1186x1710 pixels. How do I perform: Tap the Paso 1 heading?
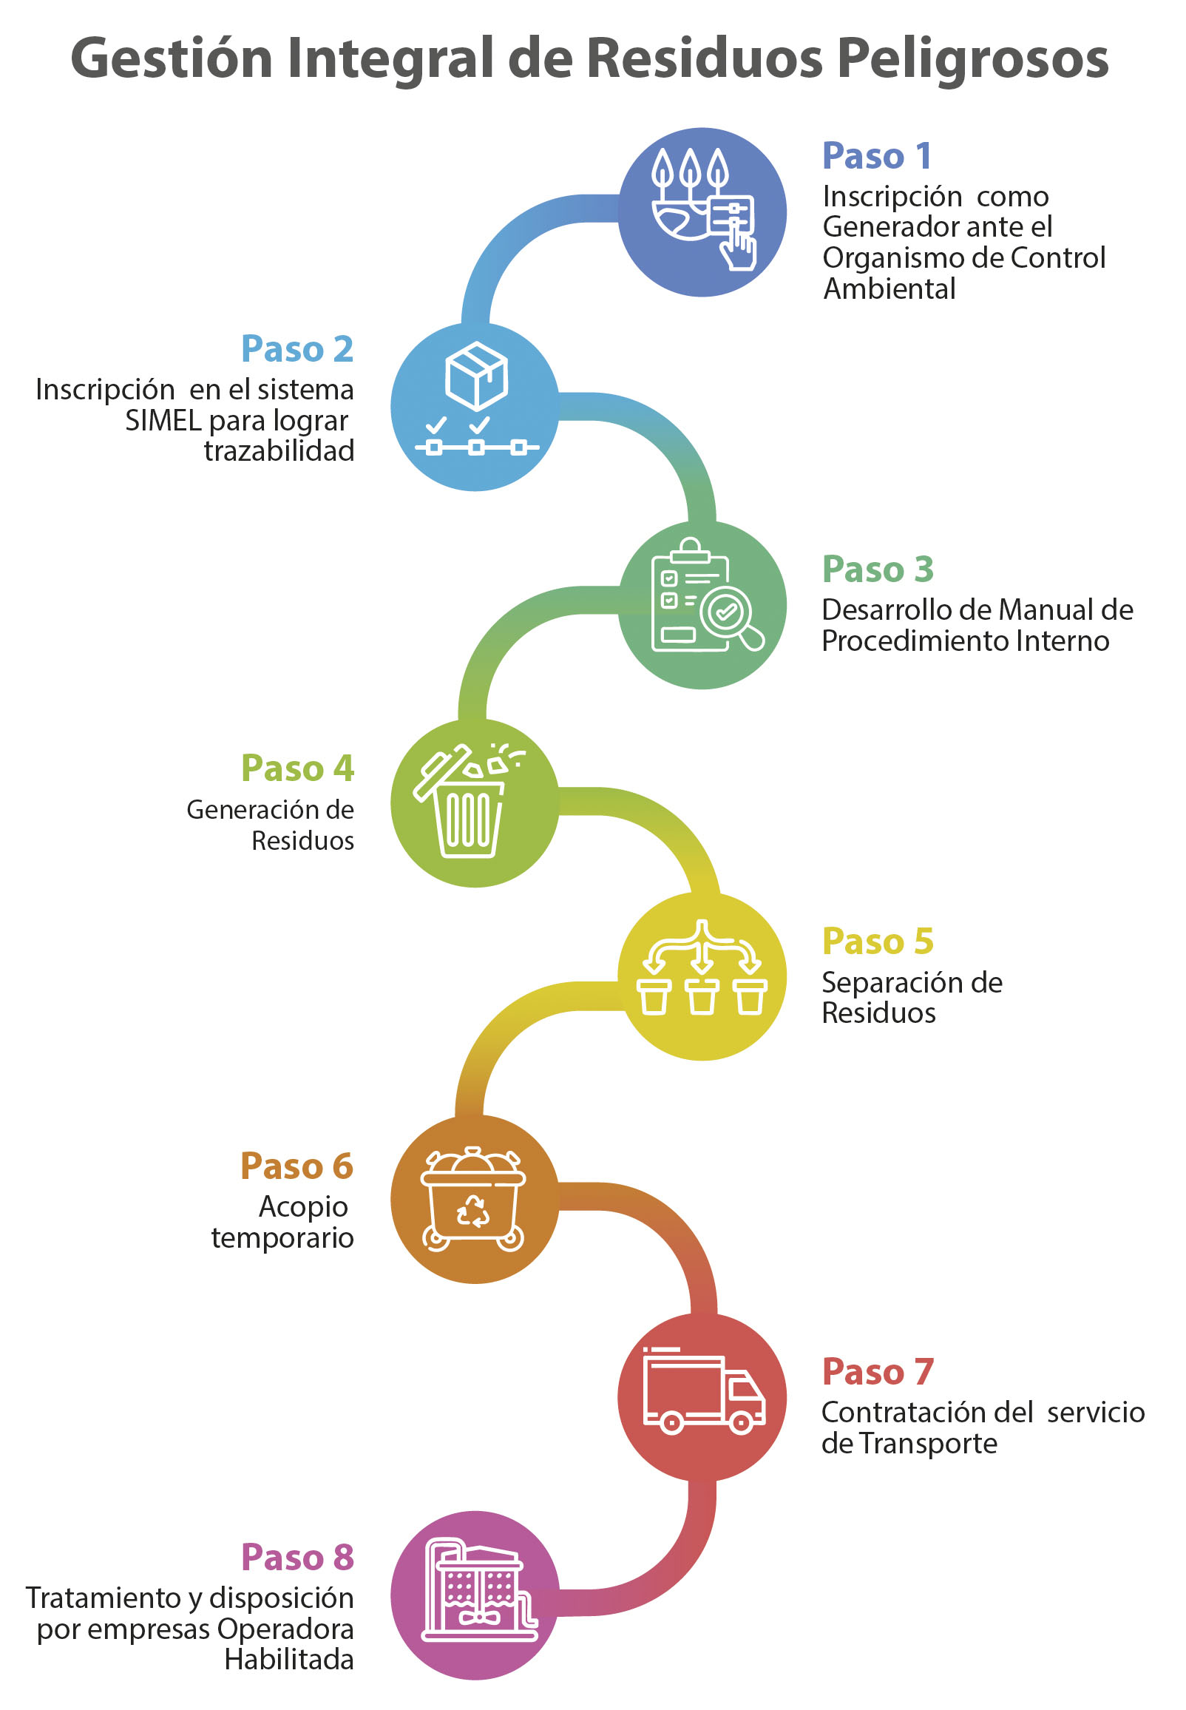pos(877,156)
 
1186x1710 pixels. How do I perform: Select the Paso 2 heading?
pos(297,349)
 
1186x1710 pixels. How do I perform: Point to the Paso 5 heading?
pos(878,942)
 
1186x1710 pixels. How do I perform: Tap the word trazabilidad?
pos(279,451)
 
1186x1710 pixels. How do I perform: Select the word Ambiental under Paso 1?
pos(889,289)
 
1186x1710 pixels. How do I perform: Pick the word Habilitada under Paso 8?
pos(289,1660)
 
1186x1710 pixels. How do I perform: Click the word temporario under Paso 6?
pos(282,1238)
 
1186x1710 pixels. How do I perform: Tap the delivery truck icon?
pos(703,1390)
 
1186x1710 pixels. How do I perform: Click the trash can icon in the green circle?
pos(468,817)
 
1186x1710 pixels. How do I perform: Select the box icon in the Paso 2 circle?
pos(476,376)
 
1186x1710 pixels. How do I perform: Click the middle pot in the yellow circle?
pos(702,996)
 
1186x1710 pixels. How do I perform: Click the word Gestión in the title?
pos(172,59)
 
